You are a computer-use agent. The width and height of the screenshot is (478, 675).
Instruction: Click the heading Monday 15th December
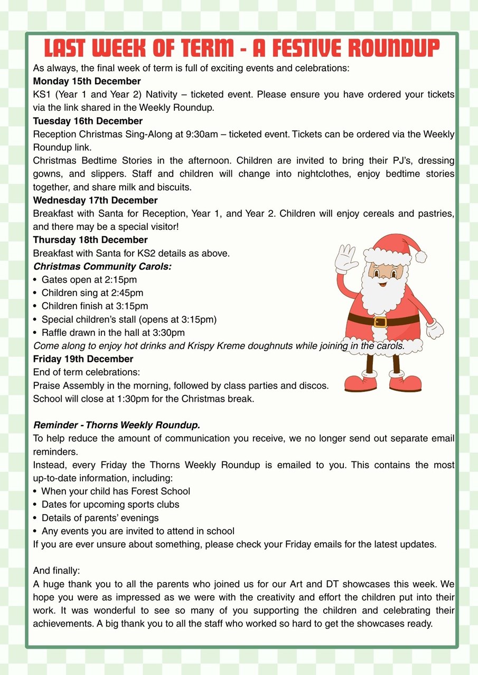point(87,81)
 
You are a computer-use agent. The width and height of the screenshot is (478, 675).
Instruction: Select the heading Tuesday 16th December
point(88,121)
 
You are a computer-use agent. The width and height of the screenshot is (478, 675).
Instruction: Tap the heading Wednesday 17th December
point(95,200)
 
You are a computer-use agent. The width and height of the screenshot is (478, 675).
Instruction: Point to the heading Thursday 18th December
point(90,240)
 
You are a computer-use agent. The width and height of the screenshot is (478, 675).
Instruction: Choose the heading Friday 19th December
point(83,359)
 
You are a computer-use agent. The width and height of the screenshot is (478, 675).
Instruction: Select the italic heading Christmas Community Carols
point(102,266)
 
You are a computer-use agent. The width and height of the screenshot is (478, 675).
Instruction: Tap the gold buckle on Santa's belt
point(380,321)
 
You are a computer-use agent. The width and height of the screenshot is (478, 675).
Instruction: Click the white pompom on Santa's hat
point(421,256)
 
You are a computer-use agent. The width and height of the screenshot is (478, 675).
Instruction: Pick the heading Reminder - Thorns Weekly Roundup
point(117,425)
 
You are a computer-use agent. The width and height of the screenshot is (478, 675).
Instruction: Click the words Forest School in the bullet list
point(164,491)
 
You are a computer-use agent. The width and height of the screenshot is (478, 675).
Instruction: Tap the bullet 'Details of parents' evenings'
point(100,518)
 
